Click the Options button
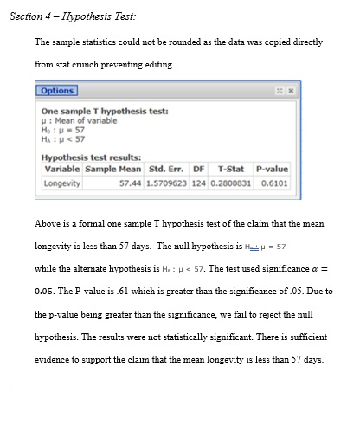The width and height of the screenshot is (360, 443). (x=56, y=90)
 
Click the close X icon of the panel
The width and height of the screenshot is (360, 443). (x=291, y=90)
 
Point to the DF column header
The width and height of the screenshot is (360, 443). (x=198, y=169)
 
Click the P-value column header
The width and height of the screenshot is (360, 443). (x=273, y=169)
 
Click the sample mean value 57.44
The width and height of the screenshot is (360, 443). (x=130, y=183)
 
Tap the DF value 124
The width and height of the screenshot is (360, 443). (x=198, y=183)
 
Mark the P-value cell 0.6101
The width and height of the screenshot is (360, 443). (x=275, y=183)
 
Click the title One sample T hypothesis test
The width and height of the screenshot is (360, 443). (x=105, y=111)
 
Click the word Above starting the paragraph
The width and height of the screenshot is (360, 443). (x=48, y=224)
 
